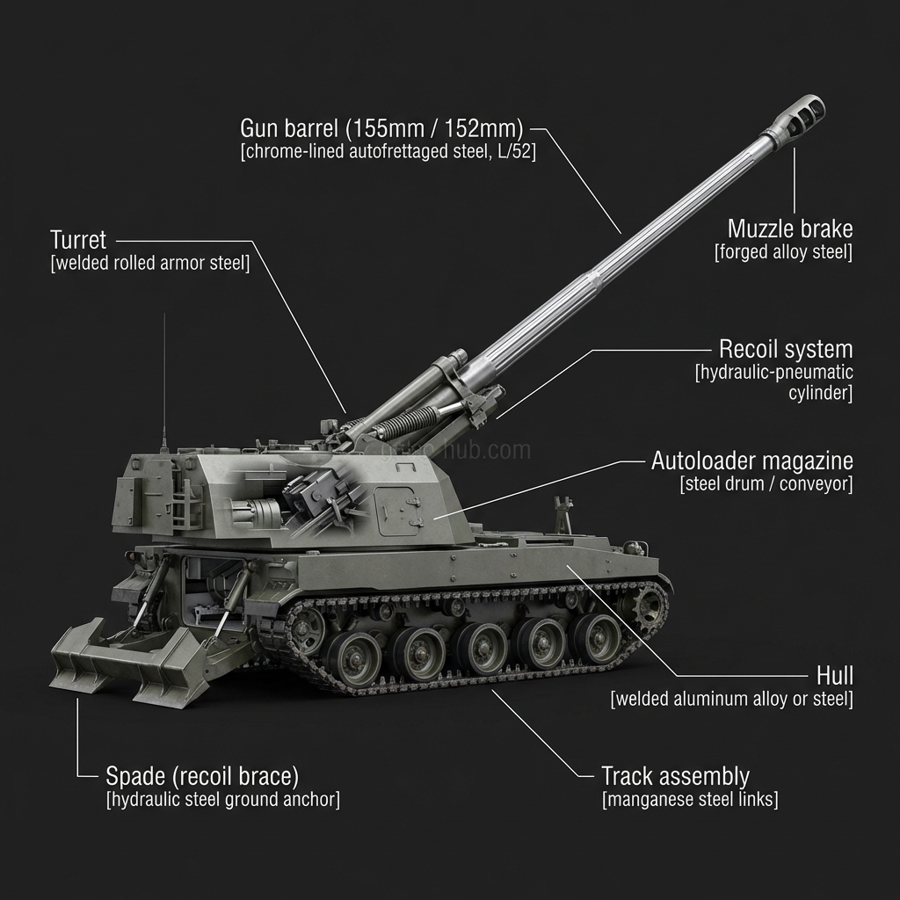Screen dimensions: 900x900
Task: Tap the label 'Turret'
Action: tap(78, 240)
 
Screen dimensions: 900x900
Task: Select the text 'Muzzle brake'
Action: tap(789, 229)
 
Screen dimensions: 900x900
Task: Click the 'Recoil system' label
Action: tap(785, 349)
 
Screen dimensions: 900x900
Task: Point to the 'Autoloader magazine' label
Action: tap(751, 461)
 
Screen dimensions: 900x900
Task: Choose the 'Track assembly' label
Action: tap(675, 776)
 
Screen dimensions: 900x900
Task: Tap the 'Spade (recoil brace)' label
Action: tap(202, 776)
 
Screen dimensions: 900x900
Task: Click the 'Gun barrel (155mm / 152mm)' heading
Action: tap(381, 127)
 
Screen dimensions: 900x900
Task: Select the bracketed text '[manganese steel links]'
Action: tap(690, 800)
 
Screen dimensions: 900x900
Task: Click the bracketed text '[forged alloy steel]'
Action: tap(783, 252)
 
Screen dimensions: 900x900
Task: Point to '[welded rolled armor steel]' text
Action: tap(150, 264)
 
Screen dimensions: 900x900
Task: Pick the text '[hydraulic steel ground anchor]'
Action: tap(222, 800)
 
